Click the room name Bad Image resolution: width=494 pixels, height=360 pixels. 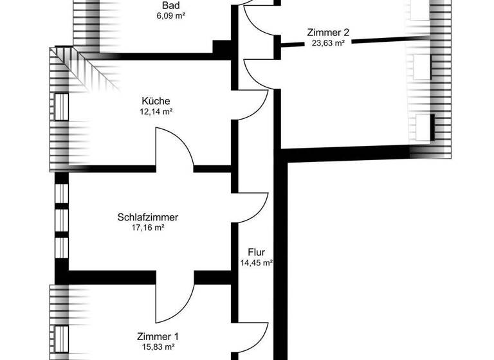[x=170, y=6]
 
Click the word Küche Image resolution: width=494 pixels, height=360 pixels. [x=156, y=101]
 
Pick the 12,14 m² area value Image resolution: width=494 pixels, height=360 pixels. [x=156, y=111]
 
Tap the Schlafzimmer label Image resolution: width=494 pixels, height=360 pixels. [x=148, y=217]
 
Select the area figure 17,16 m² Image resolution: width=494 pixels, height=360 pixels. [x=148, y=228]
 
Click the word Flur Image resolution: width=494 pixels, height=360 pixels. [x=255, y=252]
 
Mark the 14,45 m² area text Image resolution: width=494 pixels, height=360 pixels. [x=255, y=262]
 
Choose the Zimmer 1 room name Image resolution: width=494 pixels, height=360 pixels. [x=158, y=337]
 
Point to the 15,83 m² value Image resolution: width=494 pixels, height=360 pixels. [x=158, y=347]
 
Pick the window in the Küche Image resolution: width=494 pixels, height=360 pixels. [x=61, y=107]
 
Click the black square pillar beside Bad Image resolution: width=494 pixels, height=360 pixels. [x=222, y=49]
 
